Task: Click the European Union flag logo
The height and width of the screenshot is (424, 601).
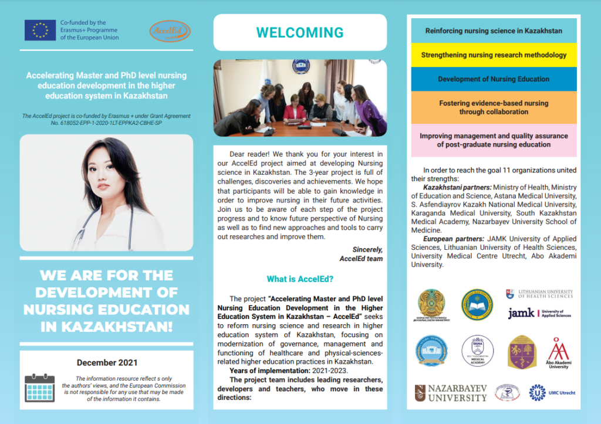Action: (40, 30)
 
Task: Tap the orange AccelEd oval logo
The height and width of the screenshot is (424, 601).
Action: (170, 31)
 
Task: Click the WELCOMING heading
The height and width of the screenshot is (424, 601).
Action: (300, 32)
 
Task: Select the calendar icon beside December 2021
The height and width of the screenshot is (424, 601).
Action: (39, 388)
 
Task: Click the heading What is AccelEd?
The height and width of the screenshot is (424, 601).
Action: (300, 279)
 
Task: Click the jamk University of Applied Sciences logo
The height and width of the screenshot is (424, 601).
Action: (539, 313)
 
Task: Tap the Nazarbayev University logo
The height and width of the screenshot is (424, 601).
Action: (451, 393)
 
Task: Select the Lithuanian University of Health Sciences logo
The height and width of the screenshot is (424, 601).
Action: (539, 293)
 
